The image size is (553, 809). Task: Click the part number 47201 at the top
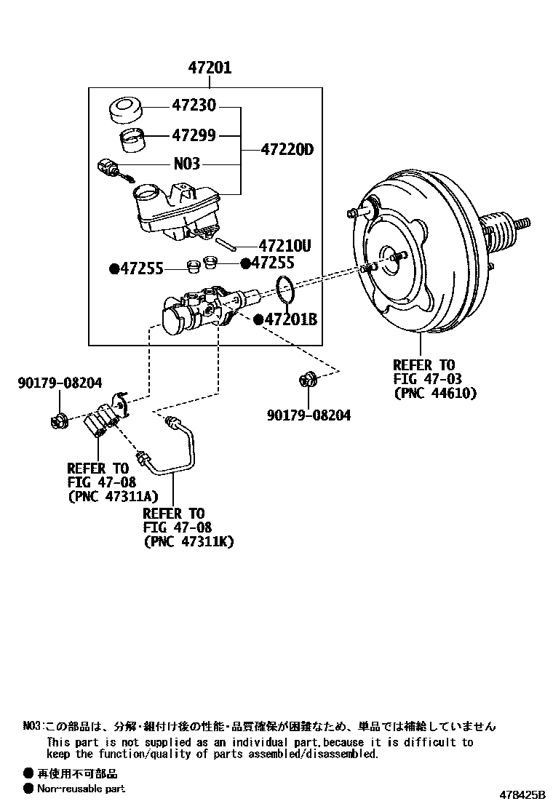(210, 68)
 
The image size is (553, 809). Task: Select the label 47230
(194, 106)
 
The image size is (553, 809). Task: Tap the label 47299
(194, 135)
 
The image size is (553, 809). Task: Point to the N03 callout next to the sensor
(186, 164)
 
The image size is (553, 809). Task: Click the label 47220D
(287, 150)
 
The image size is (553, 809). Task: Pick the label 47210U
(285, 247)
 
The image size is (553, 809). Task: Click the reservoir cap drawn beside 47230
(127, 111)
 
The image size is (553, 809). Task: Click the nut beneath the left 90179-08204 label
(58, 420)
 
